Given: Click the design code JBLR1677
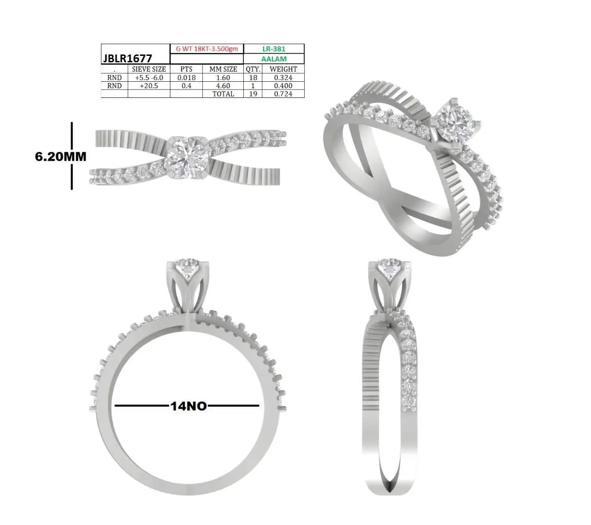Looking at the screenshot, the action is point(127,59).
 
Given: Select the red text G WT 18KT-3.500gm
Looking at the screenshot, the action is point(206,49).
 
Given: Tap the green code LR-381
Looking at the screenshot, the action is point(274,49).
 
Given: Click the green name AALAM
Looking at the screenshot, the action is point(274,59).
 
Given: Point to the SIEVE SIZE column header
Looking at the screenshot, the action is point(149,69).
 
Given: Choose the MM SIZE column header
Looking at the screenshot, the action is point(223,69).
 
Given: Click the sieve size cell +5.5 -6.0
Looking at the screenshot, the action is point(149,78).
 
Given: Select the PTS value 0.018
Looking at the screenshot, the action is point(187,78).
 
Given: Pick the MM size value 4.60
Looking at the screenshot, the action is point(223,86).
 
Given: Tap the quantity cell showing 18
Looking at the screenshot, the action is point(253,78).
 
